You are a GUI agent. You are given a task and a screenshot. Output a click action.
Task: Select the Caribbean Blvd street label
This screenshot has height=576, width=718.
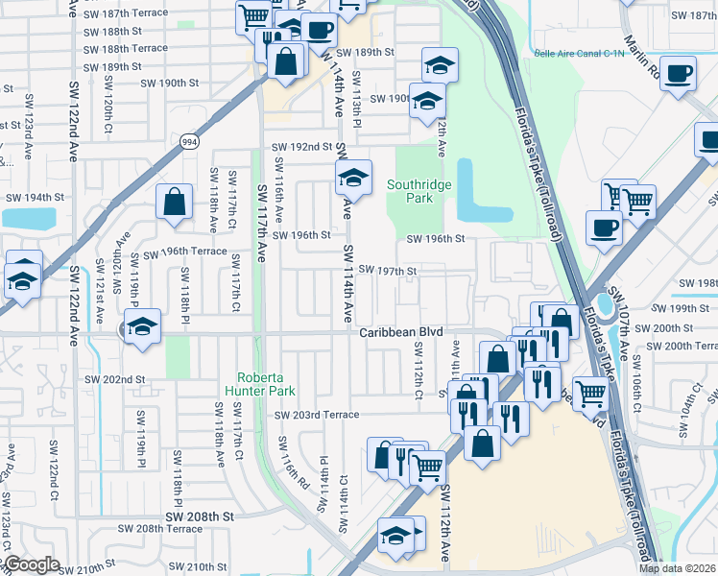(401, 332)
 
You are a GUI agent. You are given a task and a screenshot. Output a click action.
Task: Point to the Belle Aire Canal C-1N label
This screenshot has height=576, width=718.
(574, 55)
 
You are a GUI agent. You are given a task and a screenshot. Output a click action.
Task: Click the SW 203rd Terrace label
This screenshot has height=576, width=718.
(316, 415)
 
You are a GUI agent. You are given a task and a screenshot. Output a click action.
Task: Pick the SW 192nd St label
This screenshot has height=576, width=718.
(300, 147)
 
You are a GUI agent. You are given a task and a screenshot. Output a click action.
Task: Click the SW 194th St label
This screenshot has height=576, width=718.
(35, 197)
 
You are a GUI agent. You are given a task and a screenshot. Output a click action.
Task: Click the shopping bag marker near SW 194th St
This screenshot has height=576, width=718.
(173, 202)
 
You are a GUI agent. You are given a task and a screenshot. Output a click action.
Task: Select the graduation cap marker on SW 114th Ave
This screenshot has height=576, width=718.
(352, 177)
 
